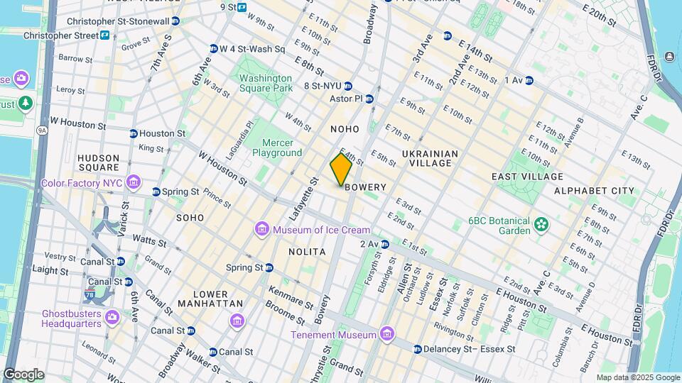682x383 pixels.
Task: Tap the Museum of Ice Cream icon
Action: click(x=262, y=230)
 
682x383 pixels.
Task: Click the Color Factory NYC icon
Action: click(x=132, y=183)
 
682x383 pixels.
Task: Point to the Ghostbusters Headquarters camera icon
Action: click(x=111, y=316)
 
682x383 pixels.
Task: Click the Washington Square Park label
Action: click(x=265, y=83)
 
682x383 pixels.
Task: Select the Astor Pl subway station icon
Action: click(x=369, y=99)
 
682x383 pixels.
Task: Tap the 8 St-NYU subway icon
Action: click(x=348, y=86)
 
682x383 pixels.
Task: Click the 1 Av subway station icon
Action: click(x=529, y=81)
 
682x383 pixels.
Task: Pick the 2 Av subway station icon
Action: click(x=384, y=244)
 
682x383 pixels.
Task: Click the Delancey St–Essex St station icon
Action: click(x=418, y=350)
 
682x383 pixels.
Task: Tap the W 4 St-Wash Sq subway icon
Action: click(x=213, y=49)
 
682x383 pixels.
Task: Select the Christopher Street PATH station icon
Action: click(x=104, y=35)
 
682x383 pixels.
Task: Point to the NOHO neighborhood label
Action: click(x=345, y=129)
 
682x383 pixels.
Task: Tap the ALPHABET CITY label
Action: click(x=594, y=191)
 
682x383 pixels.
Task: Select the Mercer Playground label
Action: click(x=277, y=148)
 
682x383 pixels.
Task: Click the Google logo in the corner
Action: click(x=23, y=374)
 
